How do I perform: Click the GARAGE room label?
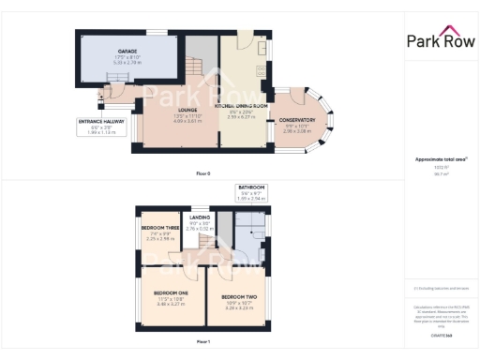tap(127, 51)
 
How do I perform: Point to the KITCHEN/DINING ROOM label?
tap(241, 106)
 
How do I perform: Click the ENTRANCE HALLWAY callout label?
tap(99, 122)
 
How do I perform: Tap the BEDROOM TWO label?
tap(240, 296)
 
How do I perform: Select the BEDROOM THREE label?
tap(159, 228)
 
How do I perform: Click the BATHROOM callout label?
tap(251, 187)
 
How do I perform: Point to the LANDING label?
tap(200, 217)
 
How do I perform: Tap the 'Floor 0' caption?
tap(203, 173)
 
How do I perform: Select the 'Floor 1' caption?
tap(203, 342)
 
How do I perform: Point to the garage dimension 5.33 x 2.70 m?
tap(127, 62)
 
